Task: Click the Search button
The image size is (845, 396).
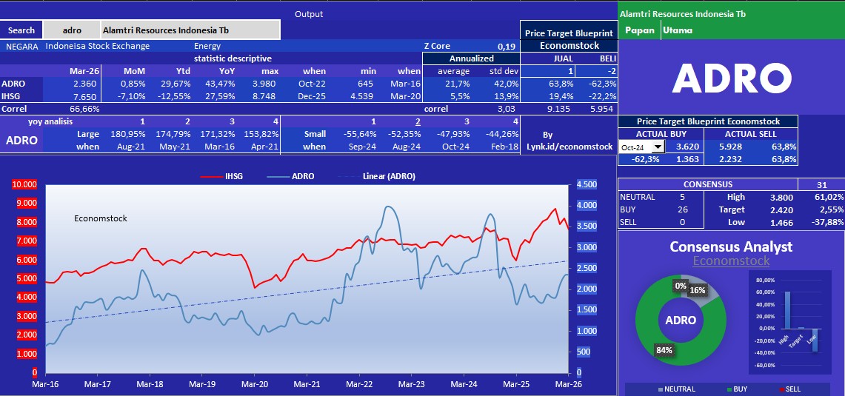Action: click(x=21, y=30)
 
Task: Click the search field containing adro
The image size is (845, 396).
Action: click(x=72, y=30)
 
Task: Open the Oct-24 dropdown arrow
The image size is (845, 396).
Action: click(x=657, y=147)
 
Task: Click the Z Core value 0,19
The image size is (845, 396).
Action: click(x=507, y=46)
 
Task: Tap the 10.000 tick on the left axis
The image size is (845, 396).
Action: click(x=24, y=184)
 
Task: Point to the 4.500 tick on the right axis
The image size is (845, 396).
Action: click(x=587, y=184)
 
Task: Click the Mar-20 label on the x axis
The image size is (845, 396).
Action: click(x=255, y=385)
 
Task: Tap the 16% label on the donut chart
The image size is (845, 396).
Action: click(x=698, y=291)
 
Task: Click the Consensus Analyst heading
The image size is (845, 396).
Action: click(x=730, y=247)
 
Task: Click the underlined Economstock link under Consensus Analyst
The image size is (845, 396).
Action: click(x=730, y=261)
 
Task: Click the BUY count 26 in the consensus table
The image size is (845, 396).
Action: click(x=682, y=209)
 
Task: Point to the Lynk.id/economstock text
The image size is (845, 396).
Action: click(x=568, y=147)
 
